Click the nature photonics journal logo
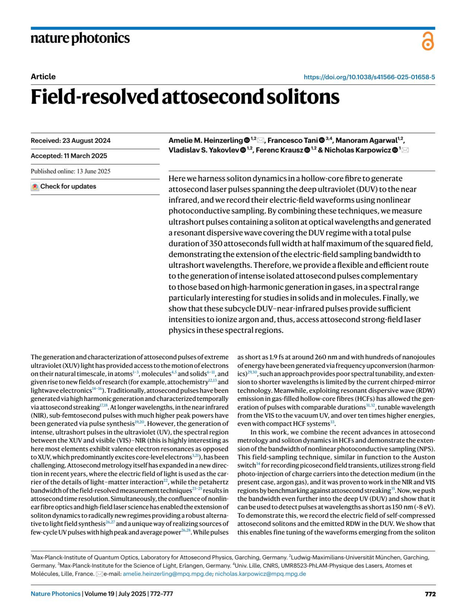pyautogui.click(x=80, y=38)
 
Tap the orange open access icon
pyautogui.click(x=428, y=41)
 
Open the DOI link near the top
pyautogui.click(x=369, y=77)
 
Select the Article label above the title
pyautogui.click(x=43, y=77)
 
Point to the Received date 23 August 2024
pyautogui.click(x=70, y=140)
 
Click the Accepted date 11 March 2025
pyautogui.click(x=69, y=156)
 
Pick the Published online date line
pyautogui.click(x=70, y=171)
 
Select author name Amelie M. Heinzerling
pyautogui.click(x=206, y=140)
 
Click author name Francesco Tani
pyautogui.click(x=293, y=140)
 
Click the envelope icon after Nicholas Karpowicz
pyautogui.click(x=405, y=150)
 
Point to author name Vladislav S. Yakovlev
pyautogui.click(x=204, y=150)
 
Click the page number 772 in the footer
pyautogui.click(x=430, y=594)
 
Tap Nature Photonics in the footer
pyautogui.click(x=55, y=594)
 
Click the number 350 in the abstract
pyautogui.click(x=215, y=244)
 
